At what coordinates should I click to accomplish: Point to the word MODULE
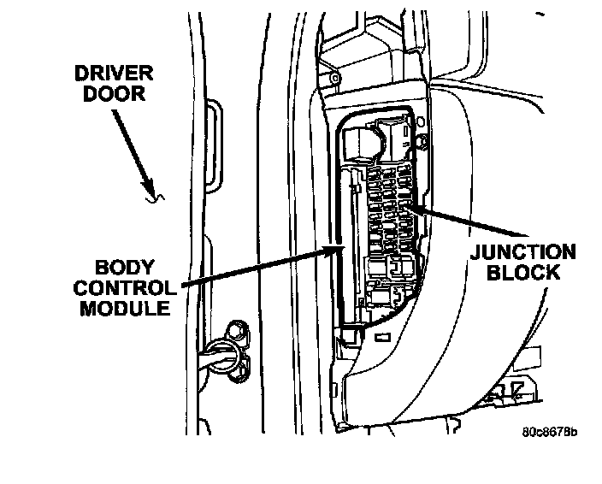click(127, 307)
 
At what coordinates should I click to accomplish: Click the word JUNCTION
click(522, 253)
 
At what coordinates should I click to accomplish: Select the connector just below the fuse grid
click(395, 266)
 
